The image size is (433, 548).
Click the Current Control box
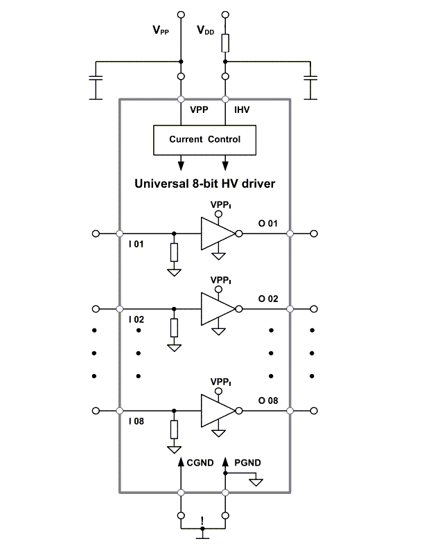tap(204, 140)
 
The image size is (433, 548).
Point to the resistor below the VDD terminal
tap(225, 43)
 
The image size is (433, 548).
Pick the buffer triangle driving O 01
tap(217, 234)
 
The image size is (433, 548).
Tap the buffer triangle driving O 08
tap(217, 411)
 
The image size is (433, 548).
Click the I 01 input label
tap(136, 245)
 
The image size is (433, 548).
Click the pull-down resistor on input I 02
tap(174, 328)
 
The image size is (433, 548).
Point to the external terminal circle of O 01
tap(315, 234)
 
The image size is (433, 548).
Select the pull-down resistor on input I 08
tap(174, 430)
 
